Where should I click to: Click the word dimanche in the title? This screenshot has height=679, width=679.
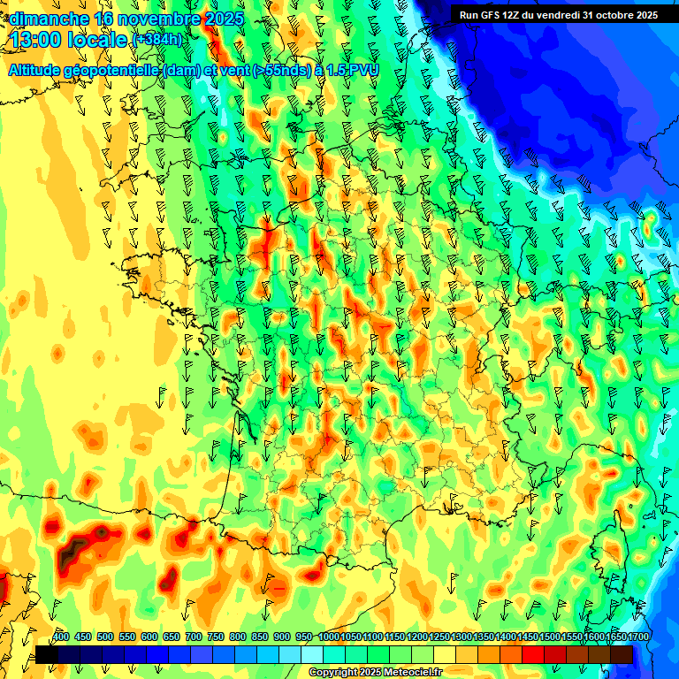[49, 19]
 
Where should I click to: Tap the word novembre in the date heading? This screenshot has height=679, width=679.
[165, 19]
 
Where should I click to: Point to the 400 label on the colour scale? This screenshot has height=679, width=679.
[61, 637]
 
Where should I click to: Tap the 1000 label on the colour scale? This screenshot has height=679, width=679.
[329, 637]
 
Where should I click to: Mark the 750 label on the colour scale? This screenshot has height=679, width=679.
[216, 637]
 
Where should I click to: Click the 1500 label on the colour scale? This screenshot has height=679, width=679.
[528, 637]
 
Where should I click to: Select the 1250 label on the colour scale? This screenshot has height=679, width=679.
[439, 637]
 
